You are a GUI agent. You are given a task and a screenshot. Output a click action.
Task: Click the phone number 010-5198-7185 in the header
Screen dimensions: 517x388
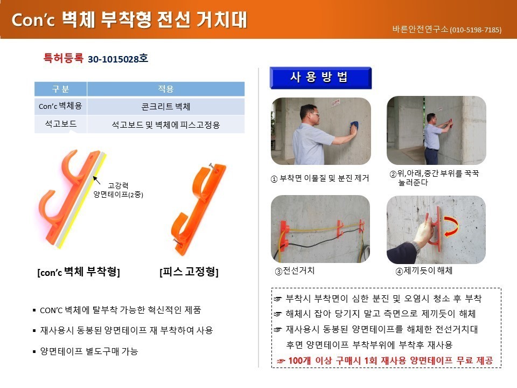(x=476, y=30)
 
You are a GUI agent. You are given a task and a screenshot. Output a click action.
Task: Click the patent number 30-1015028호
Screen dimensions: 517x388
(x=118, y=59)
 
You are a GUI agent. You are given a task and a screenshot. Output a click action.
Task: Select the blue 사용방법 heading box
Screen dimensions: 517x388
(x=320, y=78)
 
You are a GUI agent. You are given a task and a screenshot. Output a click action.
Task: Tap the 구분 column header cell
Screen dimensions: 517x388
(x=61, y=89)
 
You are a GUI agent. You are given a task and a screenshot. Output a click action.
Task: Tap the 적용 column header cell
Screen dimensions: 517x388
(x=165, y=89)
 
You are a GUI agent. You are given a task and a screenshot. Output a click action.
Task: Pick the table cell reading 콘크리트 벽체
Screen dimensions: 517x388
(x=165, y=106)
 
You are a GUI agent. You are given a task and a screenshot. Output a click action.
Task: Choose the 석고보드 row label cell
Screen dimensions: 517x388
(x=61, y=124)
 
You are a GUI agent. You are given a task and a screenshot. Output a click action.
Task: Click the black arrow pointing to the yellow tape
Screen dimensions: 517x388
(x=96, y=180)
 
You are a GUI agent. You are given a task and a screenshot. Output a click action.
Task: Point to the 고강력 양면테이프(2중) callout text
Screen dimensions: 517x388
(x=118, y=190)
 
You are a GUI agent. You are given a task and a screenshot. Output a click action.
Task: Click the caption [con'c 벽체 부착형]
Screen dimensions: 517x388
(x=79, y=272)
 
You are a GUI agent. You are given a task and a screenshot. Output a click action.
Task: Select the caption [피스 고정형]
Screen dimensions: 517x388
(x=189, y=272)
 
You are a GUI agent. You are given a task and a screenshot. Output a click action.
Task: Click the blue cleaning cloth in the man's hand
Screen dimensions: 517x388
(x=354, y=126)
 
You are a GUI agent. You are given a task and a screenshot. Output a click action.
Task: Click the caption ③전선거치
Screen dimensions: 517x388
(x=295, y=271)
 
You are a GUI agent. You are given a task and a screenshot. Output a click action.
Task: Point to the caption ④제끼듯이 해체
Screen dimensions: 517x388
(x=424, y=271)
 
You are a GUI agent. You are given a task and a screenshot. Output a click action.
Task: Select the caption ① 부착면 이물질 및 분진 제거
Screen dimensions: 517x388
(x=319, y=178)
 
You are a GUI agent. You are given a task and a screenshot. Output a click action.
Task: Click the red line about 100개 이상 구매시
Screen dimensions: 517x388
(x=385, y=361)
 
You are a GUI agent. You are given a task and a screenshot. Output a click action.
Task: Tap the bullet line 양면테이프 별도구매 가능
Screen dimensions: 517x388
(x=86, y=351)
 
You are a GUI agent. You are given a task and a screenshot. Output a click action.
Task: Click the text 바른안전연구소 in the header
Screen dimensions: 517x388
(x=421, y=29)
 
